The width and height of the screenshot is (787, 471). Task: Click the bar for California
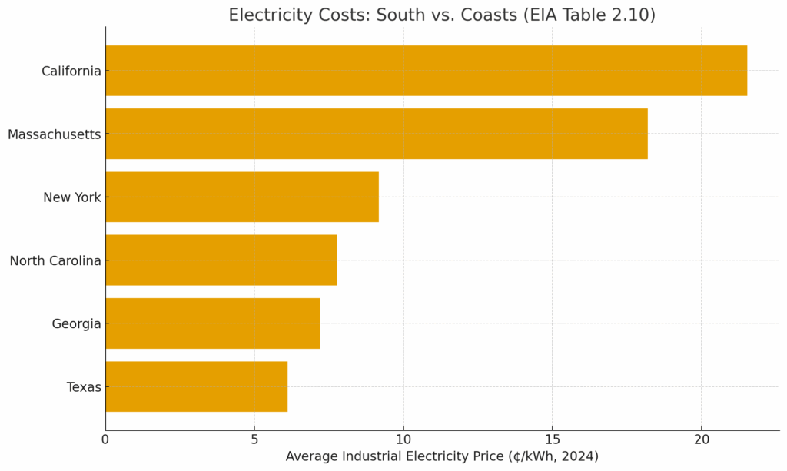pos(426,71)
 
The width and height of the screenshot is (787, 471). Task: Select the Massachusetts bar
pos(376,134)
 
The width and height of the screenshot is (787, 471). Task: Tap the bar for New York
pos(241,197)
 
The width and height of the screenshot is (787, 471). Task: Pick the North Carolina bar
pos(221,260)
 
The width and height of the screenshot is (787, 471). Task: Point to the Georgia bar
pos(212,323)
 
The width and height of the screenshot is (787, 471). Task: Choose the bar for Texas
pos(196,386)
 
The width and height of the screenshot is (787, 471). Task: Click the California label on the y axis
pos(71,71)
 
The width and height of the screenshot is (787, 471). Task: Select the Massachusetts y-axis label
pos(54,134)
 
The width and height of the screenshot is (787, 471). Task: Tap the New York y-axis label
pos(71,197)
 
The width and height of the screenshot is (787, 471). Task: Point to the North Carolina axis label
pos(55,261)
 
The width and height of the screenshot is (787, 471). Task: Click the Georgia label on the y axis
pos(76,324)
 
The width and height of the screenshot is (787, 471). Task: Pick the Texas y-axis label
pos(84,387)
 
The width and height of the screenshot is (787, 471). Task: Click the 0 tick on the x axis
pos(105,439)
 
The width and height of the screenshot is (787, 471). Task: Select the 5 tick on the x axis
pos(254,439)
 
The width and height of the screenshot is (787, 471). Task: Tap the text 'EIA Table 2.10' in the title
pos(591,15)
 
